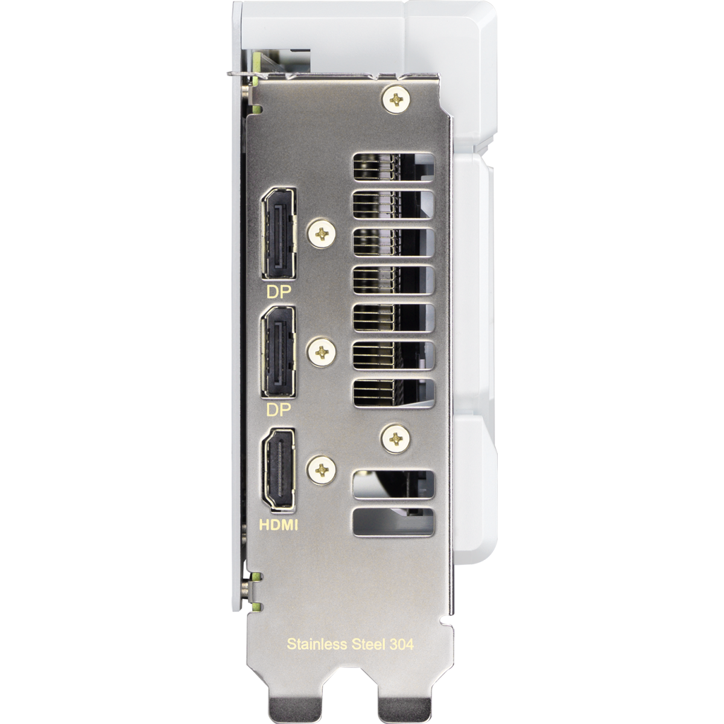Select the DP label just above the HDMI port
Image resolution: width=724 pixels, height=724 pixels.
(279, 410)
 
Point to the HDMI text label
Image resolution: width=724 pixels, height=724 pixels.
(279, 525)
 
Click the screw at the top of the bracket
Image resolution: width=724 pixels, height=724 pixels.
(396, 99)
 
